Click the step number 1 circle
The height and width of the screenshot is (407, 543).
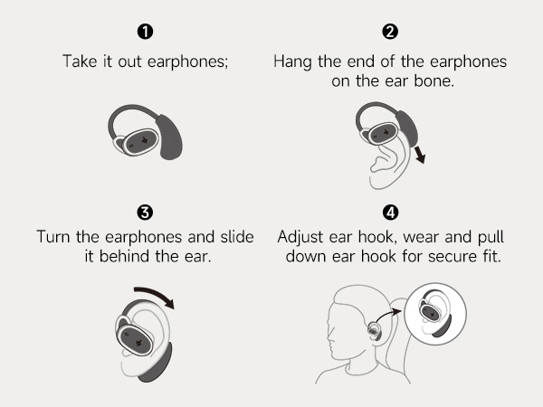click(x=145, y=32)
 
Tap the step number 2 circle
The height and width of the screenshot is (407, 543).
click(x=390, y=32)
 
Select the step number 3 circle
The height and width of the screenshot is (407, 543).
click(x=145, y=213)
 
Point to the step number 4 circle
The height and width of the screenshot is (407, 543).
click(x=390, y=213)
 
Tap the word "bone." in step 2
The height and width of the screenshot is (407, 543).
click(x=433, y=81)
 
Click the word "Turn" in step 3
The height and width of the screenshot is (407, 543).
click(x=53, y=237)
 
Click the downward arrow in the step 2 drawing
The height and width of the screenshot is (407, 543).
click(x=420, y=154)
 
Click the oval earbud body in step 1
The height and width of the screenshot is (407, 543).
click(x=140, y=142)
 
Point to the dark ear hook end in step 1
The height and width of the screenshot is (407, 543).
click(x=169, y=137)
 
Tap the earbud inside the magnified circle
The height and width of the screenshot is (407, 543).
click(x=430, y=310)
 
